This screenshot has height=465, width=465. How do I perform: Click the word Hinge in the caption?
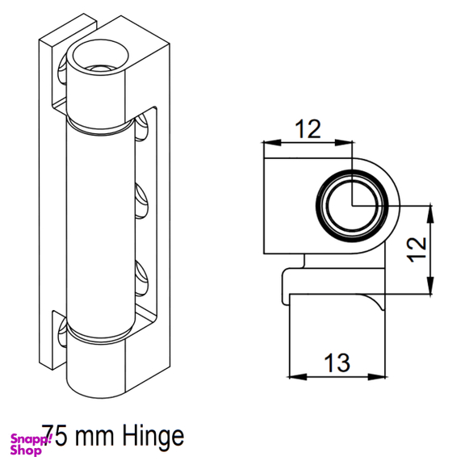tap(153, 437)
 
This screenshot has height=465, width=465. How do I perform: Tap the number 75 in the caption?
tap(54, 435)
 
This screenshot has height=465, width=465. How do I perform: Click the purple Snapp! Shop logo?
tap(31, 444)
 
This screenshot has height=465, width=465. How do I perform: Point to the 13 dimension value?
tap(337, 362)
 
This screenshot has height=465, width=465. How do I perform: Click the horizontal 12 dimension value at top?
tap(308, 129)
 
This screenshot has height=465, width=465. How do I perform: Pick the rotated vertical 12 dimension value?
tap(417, 249)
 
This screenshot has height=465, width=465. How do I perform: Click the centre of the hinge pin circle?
tap(352, 205)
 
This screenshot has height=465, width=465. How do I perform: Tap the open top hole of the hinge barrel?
tap(101, 57)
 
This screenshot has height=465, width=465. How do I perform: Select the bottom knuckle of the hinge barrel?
tap(96, 368)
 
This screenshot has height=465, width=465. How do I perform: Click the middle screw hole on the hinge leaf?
tap(141, 201)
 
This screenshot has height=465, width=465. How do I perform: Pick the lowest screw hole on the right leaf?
tap(141, 279)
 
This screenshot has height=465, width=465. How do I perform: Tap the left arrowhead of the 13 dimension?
tap(297, 377)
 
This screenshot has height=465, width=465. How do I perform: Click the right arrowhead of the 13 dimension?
tap(377, 377)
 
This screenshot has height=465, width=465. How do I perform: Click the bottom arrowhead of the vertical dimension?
tap(430, 285)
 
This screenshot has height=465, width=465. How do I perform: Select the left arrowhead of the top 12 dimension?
tap(272, 142)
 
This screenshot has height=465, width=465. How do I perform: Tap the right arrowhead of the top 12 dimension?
tap(344, 142)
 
